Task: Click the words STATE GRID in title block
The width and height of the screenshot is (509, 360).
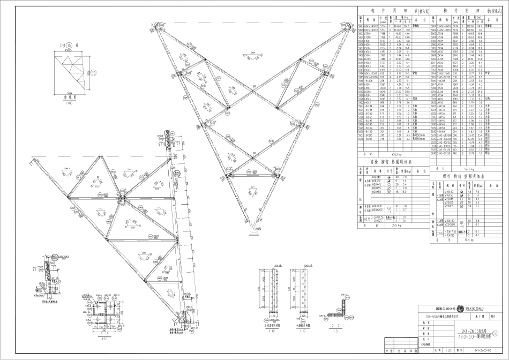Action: (478, 309)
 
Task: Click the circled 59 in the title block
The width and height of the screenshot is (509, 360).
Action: (501, 333)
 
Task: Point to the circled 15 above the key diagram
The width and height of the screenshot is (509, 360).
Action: (70, 46)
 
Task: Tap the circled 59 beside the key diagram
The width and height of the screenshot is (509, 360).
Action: (93, 72)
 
